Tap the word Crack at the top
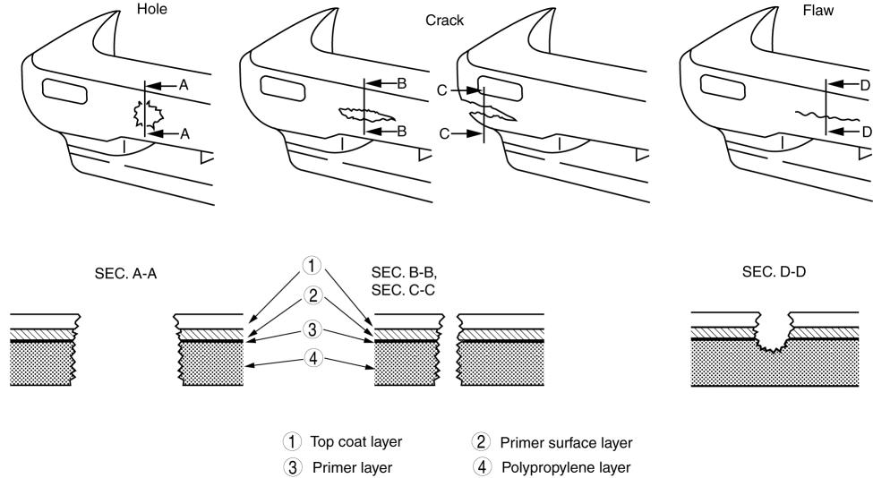(445, 21)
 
